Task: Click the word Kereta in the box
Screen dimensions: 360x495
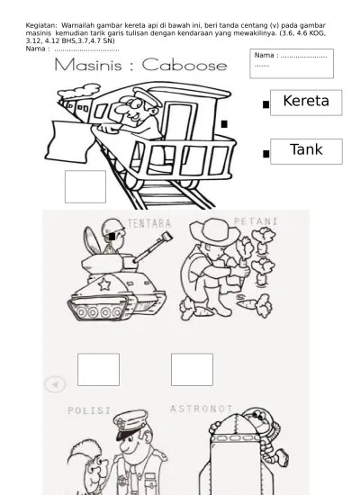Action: pyautogui.click(x=306, y=101)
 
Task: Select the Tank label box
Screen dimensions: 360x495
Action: pyautogui.click(x=306, y=151)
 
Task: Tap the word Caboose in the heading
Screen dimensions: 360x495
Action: pyautogui.click(x=184, y=65)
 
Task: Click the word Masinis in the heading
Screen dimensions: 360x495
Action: pyautogui.click(x=88, y=65)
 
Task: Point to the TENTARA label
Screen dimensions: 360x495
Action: pyautogui.click(x=149, y=223)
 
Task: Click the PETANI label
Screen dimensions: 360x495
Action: pyautogui.click(x=256, y=221)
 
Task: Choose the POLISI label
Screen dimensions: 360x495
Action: pyautogui.click(x=89, y=410)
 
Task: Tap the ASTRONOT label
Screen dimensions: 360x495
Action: pyautogui.click(x=202, y=409)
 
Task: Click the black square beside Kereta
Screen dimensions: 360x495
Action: pyautogui.click(x=265, y=104)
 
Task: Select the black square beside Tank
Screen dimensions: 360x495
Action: pyautogui.click(x=265, y=154)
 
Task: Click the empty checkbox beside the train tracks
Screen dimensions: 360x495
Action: pyautogui.click(x=85, y=187)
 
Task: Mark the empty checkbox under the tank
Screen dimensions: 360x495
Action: pyautogui.click(x=98, y=370)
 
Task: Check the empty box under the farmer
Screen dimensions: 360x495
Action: pyautogui.click(x=192, y=370)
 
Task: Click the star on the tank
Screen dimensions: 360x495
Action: pyautogui.click(x=104, y=284)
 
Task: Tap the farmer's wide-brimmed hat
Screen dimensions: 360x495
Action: pyautogui.click(x=215, y=231)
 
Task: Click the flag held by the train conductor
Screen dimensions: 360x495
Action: pyautogui.click(x=70, y=141)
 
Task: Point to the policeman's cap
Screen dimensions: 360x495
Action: pyautogui.click(x=130, y=424)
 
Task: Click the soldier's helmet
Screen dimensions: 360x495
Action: pyautogui.click(x=113, y=227)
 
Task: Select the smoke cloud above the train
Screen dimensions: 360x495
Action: pyautogui.click(x=79, y=91)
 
